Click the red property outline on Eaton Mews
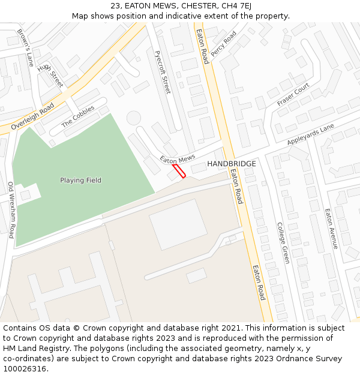tap(179, 171)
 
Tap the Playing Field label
tap(80, 180)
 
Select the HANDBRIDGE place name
tap(232, 164)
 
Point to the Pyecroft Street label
tap(163, 72)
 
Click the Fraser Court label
tap(293, 95)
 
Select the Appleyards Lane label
tap(310, 136)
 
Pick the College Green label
tap(283, 243)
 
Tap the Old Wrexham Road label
tap(11, 210)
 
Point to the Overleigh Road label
tap(32, 116)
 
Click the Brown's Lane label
tap(25, 47)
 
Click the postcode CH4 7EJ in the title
tap(236, 6)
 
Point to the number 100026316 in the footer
tap(25, 368)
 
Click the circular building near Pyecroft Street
tap(133, 118)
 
